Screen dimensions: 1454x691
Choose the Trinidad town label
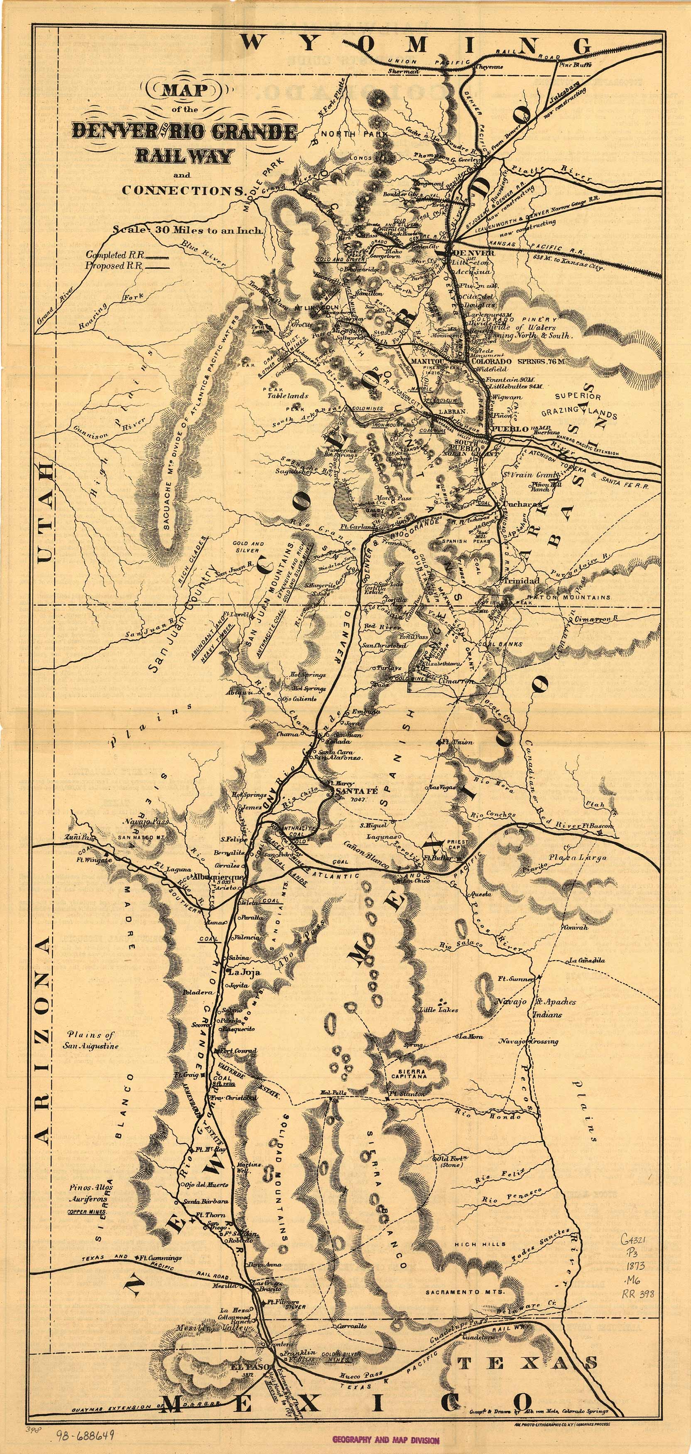point(521,580)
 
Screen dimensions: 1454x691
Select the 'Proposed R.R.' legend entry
point(113,265)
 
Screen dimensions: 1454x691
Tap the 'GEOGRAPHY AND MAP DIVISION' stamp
point(385,1439)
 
